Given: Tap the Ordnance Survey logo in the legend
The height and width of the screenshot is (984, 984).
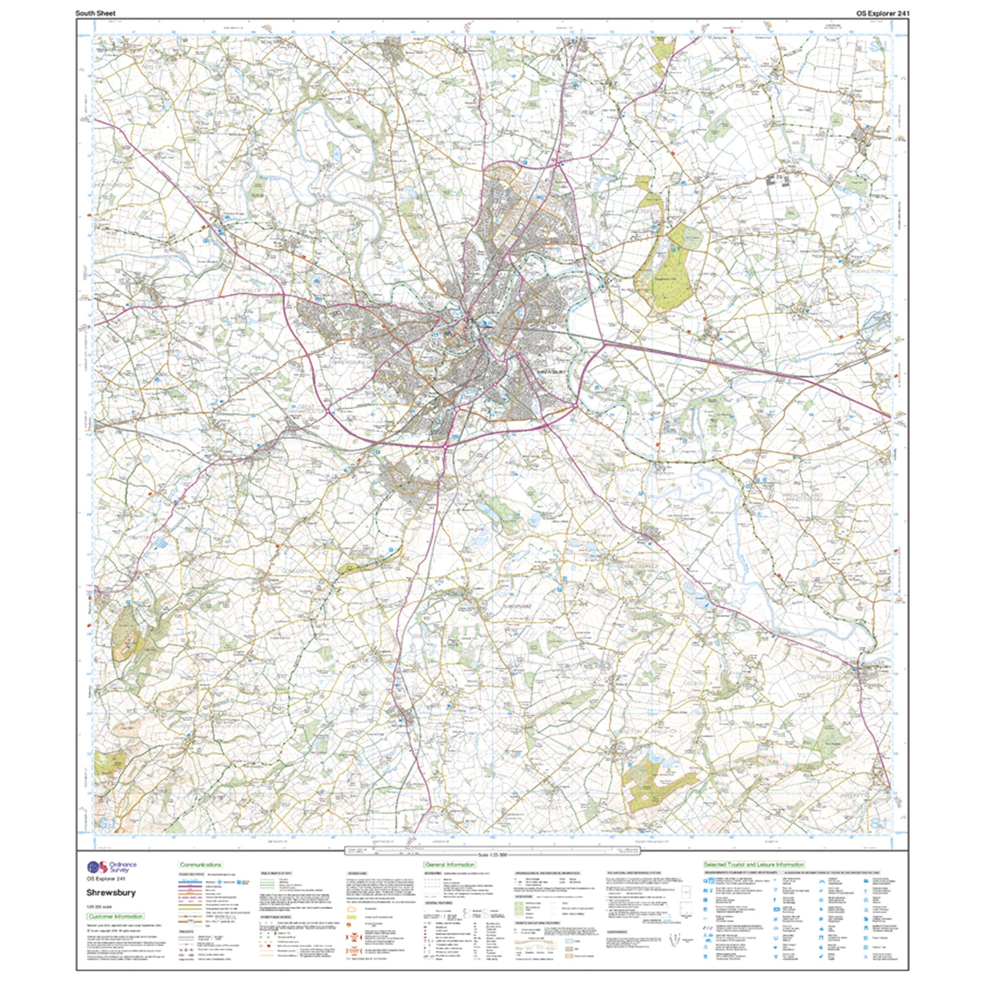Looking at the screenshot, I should [x=112, y=867].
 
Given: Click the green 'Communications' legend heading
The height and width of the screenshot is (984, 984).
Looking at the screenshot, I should [x=200, y=865].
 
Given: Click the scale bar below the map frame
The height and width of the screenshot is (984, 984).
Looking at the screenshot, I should [x=491, y=850].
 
